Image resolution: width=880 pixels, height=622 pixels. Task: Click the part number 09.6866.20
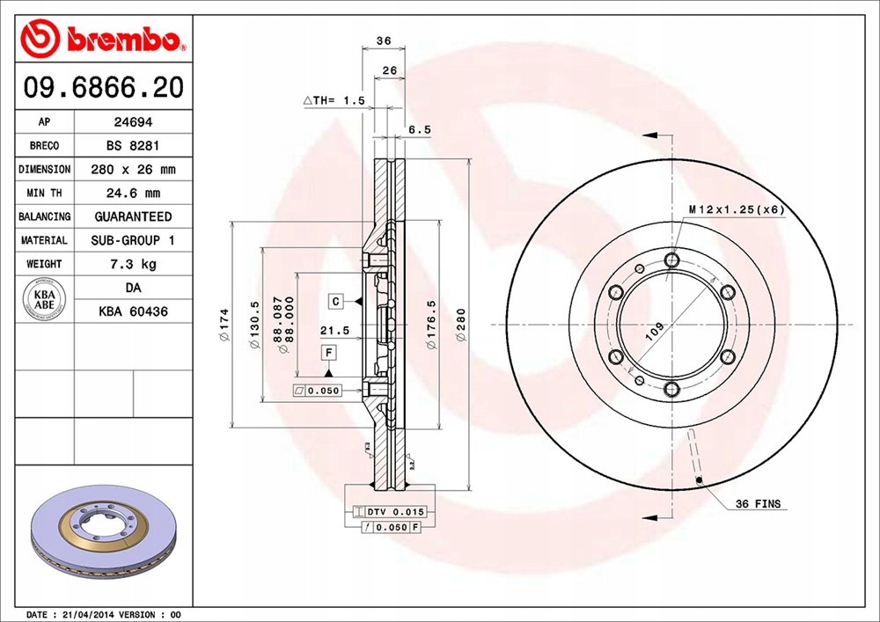click(104, 88)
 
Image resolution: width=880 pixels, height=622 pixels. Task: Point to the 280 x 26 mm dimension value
click(133, 170)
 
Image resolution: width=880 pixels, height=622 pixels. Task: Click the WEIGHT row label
click(44, 264)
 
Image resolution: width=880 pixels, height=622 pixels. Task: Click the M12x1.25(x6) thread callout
click(736, 209)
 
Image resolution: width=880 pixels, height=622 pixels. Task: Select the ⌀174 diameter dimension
click(224, 325)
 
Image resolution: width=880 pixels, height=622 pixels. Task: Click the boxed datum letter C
click(336, 302)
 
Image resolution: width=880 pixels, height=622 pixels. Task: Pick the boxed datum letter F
click(328, 353)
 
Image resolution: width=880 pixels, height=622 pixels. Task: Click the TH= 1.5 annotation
click(334, 101)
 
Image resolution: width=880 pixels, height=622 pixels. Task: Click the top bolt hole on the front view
click(672, 260)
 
